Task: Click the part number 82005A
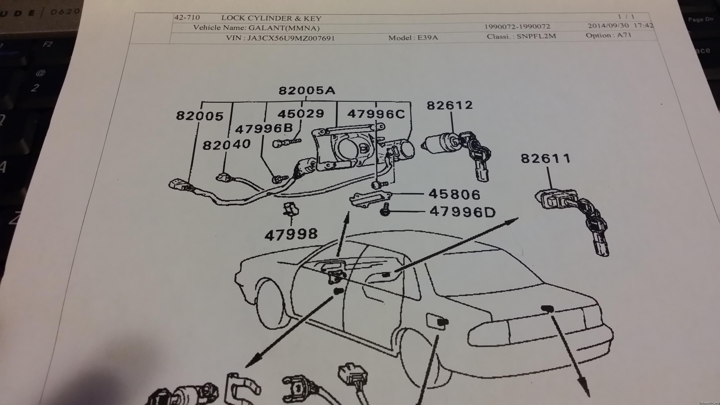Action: tap(307, 91)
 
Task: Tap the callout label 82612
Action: tap(449, 105)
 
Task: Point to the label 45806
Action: tap(454, 194)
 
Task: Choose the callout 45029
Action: tap(301, 114)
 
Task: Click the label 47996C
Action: tap(376, 114)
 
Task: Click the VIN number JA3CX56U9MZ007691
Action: tap(291, 38)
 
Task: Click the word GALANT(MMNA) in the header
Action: tap(284, 28)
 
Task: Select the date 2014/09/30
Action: tap(608, 26)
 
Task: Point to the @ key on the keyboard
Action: tap(40, 73)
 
